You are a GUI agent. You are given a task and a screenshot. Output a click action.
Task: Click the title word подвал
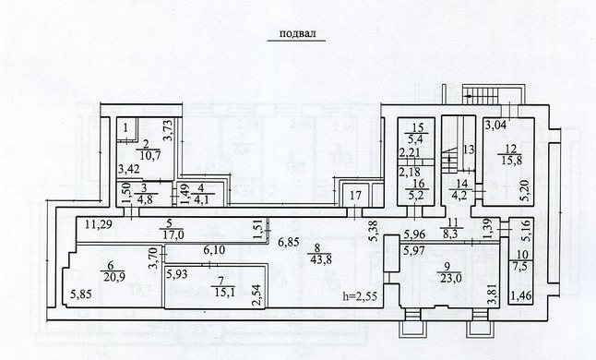tap(297, 33)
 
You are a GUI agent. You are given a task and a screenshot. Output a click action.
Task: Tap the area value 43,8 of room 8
tap(320, 260)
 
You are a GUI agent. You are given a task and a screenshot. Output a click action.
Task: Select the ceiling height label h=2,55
tap(360, 296)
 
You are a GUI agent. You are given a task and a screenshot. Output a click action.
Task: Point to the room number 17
tap(355, 197)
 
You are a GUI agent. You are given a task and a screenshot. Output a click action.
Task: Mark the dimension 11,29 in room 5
tap(99, 224)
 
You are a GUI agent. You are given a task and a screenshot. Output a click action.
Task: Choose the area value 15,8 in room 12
tap(509, 160)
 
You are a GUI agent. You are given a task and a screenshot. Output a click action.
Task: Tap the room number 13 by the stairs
tap(469, 150)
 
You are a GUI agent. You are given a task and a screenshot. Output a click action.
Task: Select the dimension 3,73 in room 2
tap(169, 130)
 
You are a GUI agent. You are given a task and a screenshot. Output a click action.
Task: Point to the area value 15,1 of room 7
tap(223, 292)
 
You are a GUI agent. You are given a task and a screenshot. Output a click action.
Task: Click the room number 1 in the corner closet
tap(125, 128)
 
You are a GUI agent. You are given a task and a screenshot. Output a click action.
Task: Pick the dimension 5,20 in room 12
tap(526, 190)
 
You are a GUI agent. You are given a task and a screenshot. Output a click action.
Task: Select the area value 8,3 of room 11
tap(449, 234)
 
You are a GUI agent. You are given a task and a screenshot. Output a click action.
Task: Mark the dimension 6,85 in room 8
tap(288, 242)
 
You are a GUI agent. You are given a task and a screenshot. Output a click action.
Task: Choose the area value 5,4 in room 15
tap(417, 138)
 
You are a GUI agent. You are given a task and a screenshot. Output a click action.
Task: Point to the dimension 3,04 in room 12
tap(495, 125)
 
